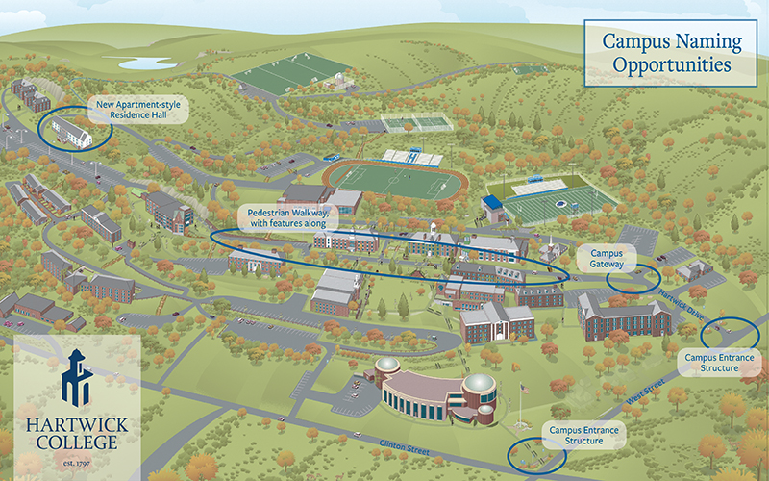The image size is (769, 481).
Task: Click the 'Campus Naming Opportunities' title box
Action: (x=672, y=54)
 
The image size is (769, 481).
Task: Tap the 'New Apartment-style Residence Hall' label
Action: (x=136, y=108)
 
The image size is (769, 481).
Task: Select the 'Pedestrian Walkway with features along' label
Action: (x=287, y=216)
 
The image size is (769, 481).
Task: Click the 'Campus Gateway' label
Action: (x=607, y=257)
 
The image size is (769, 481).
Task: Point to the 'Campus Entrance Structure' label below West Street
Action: (x=583, y=434)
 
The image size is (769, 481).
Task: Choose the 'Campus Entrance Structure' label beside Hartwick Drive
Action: (x=720, y=362)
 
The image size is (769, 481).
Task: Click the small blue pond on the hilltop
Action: (x=145, y=63)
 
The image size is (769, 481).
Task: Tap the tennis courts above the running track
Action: (x=416, y=123)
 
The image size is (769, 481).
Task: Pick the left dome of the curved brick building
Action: (x=386, y=369)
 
